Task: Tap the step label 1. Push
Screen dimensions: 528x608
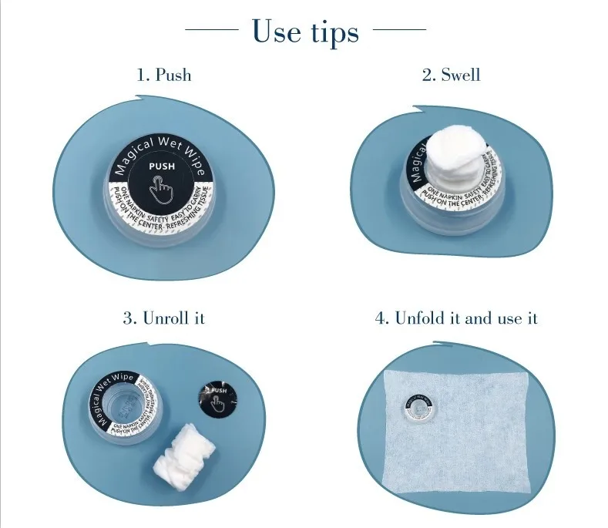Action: (x=164, y=75)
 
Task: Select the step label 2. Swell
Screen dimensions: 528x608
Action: (x=451, y=75)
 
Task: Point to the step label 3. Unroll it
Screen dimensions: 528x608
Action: (x=163, y=318)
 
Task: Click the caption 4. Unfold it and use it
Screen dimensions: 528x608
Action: (x=456, y=318)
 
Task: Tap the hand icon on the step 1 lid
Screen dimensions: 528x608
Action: (x=162, y=186)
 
